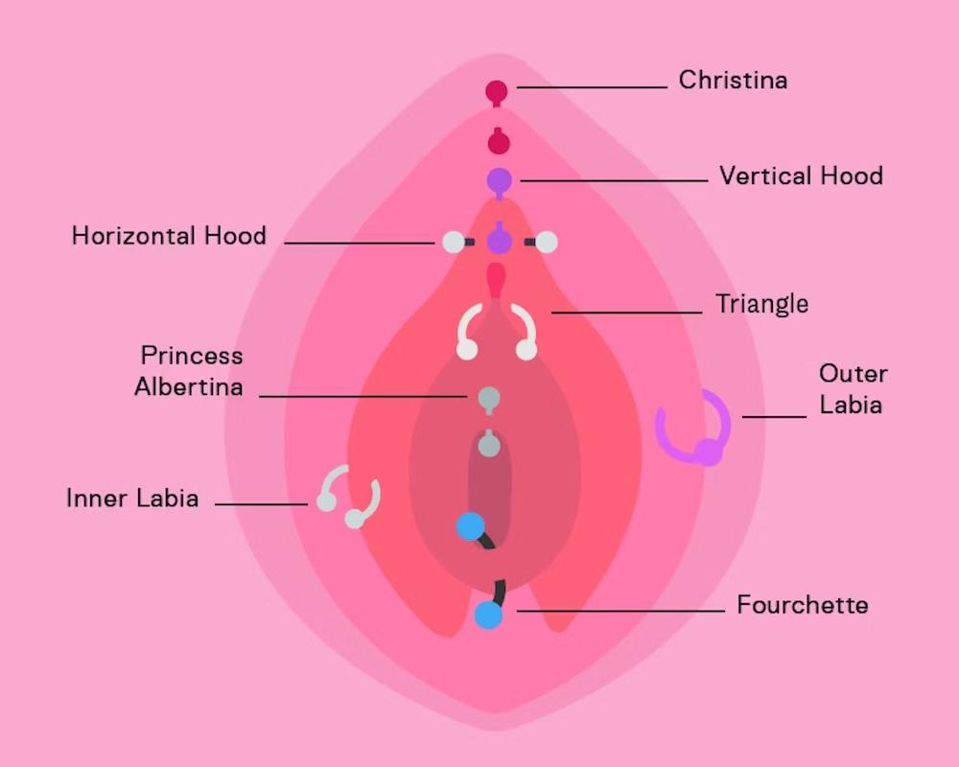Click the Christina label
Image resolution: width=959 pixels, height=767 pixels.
click(733, 81)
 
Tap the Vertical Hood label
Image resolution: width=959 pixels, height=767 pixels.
click(801, 176)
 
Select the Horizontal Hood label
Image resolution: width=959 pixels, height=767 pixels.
click(169, 236)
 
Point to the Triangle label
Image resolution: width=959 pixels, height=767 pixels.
click(762, 304)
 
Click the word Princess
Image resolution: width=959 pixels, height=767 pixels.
click(192, 356)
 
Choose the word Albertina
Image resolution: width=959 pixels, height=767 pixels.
click(189, 387)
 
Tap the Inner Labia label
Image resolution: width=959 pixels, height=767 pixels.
click(132, 499)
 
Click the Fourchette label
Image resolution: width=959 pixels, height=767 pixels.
click(803, 605)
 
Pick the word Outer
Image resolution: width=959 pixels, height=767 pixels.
click(854, 374)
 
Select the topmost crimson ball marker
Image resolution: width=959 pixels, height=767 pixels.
click(497, 92)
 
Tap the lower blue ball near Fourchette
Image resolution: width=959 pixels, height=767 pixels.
click(489, 616)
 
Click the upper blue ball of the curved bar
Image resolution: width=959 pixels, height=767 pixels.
click(470, 526)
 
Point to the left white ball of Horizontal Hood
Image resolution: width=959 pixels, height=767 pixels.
click(454, 243)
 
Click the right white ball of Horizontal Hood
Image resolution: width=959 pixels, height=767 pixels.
click(547, 243)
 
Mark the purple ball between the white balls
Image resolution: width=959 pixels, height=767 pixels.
click(499, 241)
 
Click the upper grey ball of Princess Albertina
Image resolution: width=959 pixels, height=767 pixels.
click(489, 399)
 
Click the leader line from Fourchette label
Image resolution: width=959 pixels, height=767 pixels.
click(620, 611)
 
